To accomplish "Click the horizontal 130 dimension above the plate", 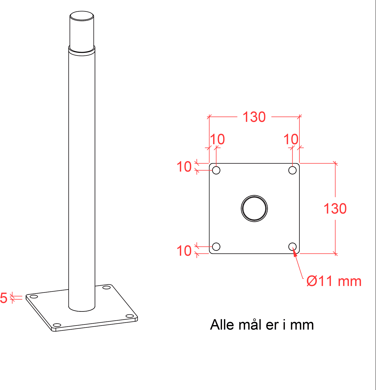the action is coord(254,117).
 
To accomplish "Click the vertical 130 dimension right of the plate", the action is coord(335,209).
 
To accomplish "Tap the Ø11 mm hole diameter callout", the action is coord(334,281).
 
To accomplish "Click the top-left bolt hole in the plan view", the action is coord(216,170).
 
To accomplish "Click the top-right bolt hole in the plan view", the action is coord(292,170).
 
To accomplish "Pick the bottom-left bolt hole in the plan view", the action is coord(216,247).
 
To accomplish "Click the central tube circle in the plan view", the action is coord(254,195).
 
